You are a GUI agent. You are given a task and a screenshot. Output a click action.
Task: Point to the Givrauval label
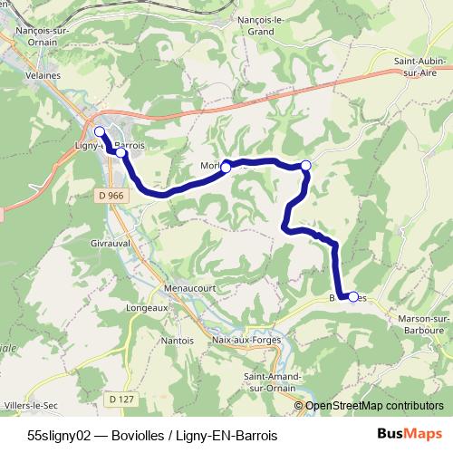(111, 244)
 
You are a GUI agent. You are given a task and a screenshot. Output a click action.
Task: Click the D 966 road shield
(110, 196)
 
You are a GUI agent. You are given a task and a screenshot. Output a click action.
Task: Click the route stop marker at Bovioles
(353, 297)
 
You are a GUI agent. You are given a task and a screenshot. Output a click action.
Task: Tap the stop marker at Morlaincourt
(226, 167)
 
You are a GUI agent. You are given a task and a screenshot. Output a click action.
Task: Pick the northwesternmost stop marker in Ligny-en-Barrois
(100, 132)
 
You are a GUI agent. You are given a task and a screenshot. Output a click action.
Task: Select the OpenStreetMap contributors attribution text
(373, 406)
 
